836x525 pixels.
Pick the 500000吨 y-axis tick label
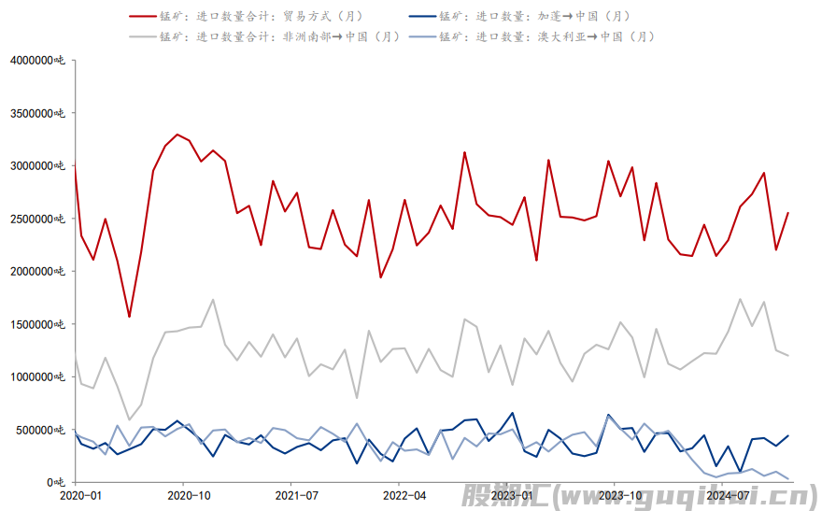41,430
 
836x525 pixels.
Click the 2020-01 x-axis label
81,495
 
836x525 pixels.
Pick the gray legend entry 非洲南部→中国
280,36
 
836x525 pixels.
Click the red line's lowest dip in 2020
129,317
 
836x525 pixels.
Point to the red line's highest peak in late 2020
177,135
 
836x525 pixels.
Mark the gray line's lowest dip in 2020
129,419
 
